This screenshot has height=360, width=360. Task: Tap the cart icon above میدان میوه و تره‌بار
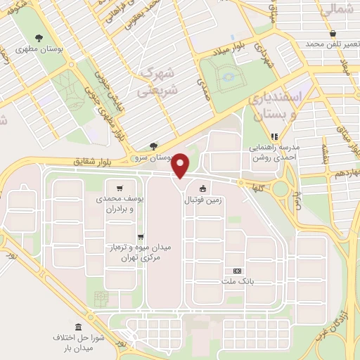pos(141,237)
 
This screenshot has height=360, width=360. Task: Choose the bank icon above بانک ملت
pos(236,270)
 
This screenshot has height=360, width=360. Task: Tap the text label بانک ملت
pos(237,281)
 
